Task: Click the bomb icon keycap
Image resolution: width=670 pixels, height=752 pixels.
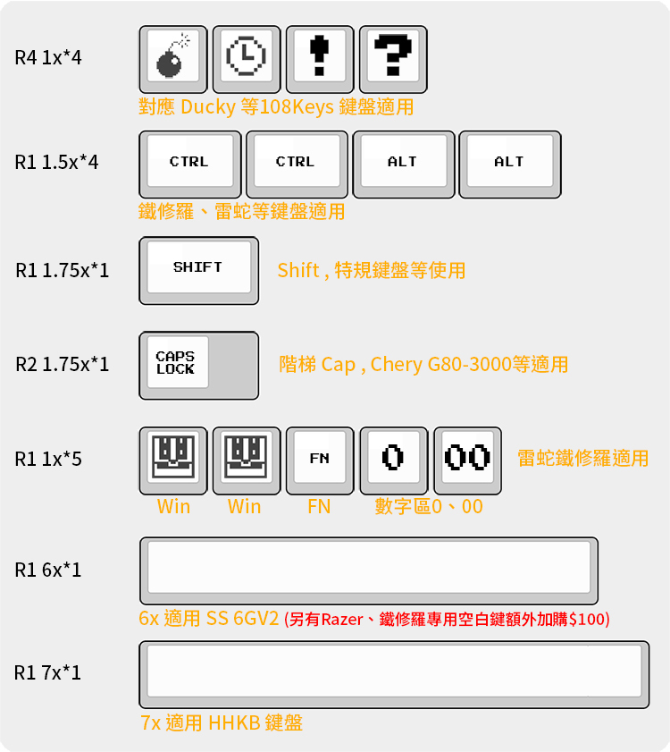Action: tap(173, 59)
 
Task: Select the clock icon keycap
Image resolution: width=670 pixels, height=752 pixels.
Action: tap(247, 59)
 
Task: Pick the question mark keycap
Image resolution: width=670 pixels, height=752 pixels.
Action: tap(393, 59)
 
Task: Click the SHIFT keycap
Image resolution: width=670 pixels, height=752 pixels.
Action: tap(198, 269)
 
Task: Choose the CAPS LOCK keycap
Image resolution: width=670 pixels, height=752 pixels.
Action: tap(198, 365)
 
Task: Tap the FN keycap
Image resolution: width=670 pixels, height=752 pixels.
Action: tap(320, 460)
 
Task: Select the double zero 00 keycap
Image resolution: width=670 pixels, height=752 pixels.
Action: tap(467, 460)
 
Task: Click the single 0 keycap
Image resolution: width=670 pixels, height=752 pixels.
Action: tap(393, 460)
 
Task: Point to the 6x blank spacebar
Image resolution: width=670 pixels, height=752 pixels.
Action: tap(368, 570)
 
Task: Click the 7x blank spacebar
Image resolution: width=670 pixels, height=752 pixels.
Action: tap(393, 673)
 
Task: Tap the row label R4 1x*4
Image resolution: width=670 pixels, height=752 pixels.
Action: tap(48, 59)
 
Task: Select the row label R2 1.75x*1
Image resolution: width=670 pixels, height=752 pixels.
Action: tap(63, 365)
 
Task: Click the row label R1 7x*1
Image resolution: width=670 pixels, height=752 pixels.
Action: tap(48, 672)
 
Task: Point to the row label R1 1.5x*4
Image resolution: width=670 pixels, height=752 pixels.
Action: tap(57, 163)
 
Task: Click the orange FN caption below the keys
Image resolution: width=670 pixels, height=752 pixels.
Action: tap(319, 507)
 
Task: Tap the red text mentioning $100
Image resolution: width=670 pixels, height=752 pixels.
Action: tap(447, 619)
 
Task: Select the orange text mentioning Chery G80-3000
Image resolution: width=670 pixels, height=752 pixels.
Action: tap(423, 365)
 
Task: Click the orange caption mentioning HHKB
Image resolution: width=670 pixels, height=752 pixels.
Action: tap(222, 722)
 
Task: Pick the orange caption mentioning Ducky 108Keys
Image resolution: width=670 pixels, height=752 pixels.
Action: tap(276, 107)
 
